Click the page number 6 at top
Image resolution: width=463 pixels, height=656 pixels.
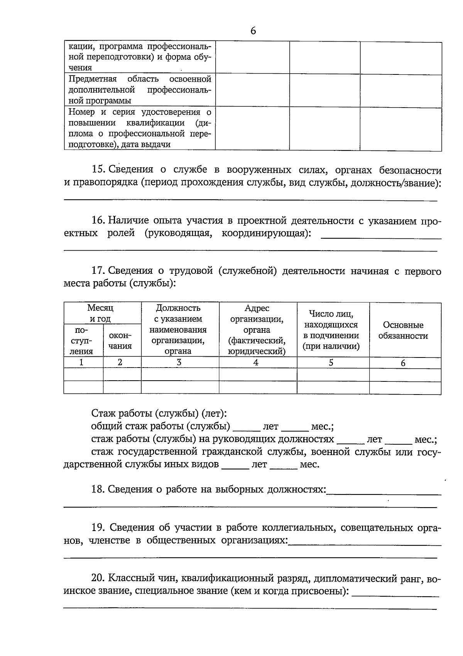(253, 31)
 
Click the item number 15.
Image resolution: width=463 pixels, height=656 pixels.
(98, 170)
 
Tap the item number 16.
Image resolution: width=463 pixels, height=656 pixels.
(98, 221)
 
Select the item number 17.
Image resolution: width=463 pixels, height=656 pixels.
(98, 271)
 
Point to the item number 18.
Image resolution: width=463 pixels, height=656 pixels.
(98, 489)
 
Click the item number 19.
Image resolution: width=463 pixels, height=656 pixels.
(98, 528)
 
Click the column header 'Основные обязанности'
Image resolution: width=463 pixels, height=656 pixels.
(403, 330)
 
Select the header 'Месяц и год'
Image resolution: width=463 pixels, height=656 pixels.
(100, 313)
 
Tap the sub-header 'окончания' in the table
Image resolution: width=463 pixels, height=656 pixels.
(120, 341)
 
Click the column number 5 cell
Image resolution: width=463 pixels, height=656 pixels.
(331, 363)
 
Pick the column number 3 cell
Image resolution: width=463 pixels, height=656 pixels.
(179, 363)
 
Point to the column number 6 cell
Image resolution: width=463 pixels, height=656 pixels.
(403, 363)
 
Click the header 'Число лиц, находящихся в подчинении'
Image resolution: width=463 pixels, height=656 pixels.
(331, 330)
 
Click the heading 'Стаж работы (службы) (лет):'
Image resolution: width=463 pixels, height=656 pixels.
(159, 414)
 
